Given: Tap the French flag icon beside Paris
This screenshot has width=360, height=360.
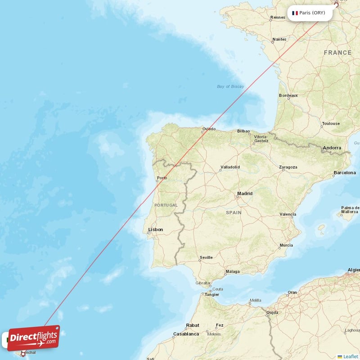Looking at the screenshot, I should (x=295, y=13).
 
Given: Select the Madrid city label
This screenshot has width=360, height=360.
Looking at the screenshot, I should (x=245, y=193).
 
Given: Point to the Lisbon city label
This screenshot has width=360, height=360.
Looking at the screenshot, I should (x=155, y=229).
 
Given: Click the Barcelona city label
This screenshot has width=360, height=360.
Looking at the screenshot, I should (x=344, y=172).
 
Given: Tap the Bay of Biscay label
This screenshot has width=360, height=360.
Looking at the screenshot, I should (x=230, y=86).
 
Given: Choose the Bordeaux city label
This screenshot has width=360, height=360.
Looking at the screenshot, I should (x=288, y=95).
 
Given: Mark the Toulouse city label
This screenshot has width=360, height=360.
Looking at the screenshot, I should (x=331, y=123).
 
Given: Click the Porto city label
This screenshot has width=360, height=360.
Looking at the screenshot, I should (x=162, y=178).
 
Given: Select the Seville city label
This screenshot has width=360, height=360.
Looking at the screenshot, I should (x=206, y=257).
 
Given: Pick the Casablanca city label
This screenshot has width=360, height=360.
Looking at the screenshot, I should (x=186, y=334).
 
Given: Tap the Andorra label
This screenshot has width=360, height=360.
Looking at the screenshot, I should (x=332, y=148).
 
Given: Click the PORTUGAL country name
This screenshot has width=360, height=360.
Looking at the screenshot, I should (x=166, y=205).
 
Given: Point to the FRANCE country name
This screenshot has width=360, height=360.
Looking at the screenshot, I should (x=337, y=53).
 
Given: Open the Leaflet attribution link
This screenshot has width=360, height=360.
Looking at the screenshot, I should (x=351, y=356).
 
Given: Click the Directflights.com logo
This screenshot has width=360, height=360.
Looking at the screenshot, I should (x=34, y=338).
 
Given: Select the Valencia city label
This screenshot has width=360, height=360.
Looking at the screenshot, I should (x=288, y=214).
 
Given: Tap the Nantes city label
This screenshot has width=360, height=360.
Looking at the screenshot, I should (x=279, y=39).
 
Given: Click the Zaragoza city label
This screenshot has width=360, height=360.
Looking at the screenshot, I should (x=288, y=167).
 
